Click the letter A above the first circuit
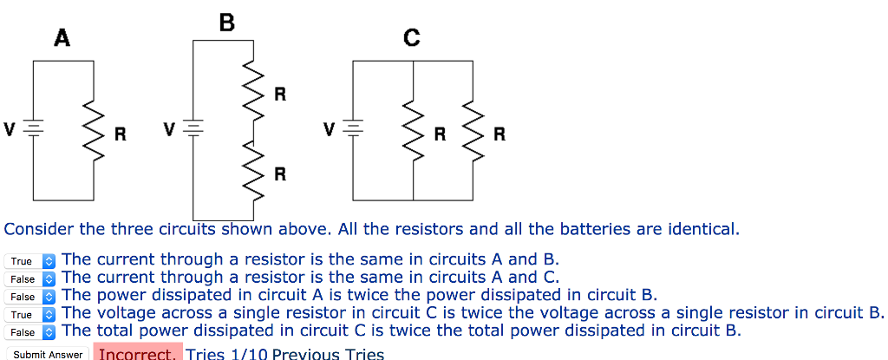click(62, 37)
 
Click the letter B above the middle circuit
click(227, 23)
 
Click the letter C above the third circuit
click(411, 37)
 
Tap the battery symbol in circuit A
click(34, 130)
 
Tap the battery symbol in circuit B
click(193, 130)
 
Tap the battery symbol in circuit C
click(353, 130)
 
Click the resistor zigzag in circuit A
click(95, 131)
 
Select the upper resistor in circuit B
click(255, 89)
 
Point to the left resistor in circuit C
click(412, 131)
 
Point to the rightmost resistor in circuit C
click(473, 131)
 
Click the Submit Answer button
click(49, 354)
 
